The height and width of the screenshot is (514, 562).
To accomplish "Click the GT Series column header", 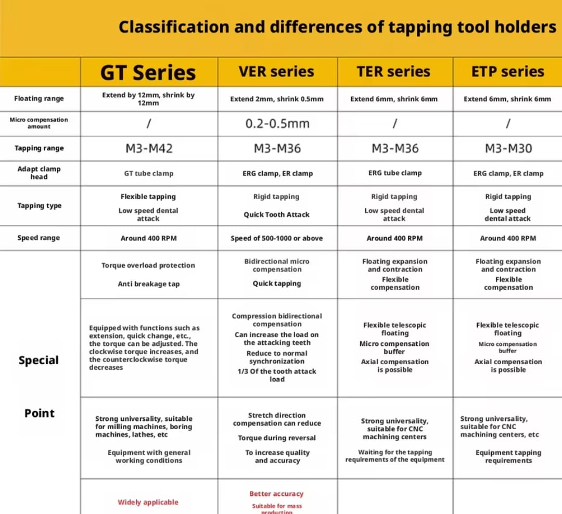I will (x=148, y=72).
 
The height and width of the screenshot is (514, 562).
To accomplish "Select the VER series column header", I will (x=276, y=72).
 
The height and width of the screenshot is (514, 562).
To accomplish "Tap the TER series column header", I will (x=393, y=72).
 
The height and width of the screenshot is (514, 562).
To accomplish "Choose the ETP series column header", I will (x=507, y=72).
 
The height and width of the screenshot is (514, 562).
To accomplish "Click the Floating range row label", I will (x=39, y=99).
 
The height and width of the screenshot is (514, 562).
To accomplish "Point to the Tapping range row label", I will (x=39, y=148).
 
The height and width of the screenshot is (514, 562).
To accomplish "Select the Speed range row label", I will (x=39, y=238).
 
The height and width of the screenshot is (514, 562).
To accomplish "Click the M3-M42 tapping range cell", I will (x=149, y=149).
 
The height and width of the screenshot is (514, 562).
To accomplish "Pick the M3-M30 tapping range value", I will (x=508, y=149).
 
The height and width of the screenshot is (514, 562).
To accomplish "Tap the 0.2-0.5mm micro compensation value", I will (x=277, y=124).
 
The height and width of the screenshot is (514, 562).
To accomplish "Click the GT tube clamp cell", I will (x=149, y=173).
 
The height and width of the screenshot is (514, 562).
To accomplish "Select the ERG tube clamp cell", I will (x=395, y=173).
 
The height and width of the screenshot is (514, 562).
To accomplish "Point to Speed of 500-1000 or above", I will (x=277, y=238).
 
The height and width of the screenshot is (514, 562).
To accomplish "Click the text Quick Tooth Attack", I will (x=277, y=214).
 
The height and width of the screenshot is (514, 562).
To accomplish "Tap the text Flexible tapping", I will (x=148, y=197).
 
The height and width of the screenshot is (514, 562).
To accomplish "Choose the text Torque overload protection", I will (x=148, y=265).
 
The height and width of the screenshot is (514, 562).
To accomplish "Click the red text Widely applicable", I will (x=148, y=502).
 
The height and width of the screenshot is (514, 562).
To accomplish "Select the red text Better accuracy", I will (x=276, y=494).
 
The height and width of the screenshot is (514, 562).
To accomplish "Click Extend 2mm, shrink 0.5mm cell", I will (x=277, y=99).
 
